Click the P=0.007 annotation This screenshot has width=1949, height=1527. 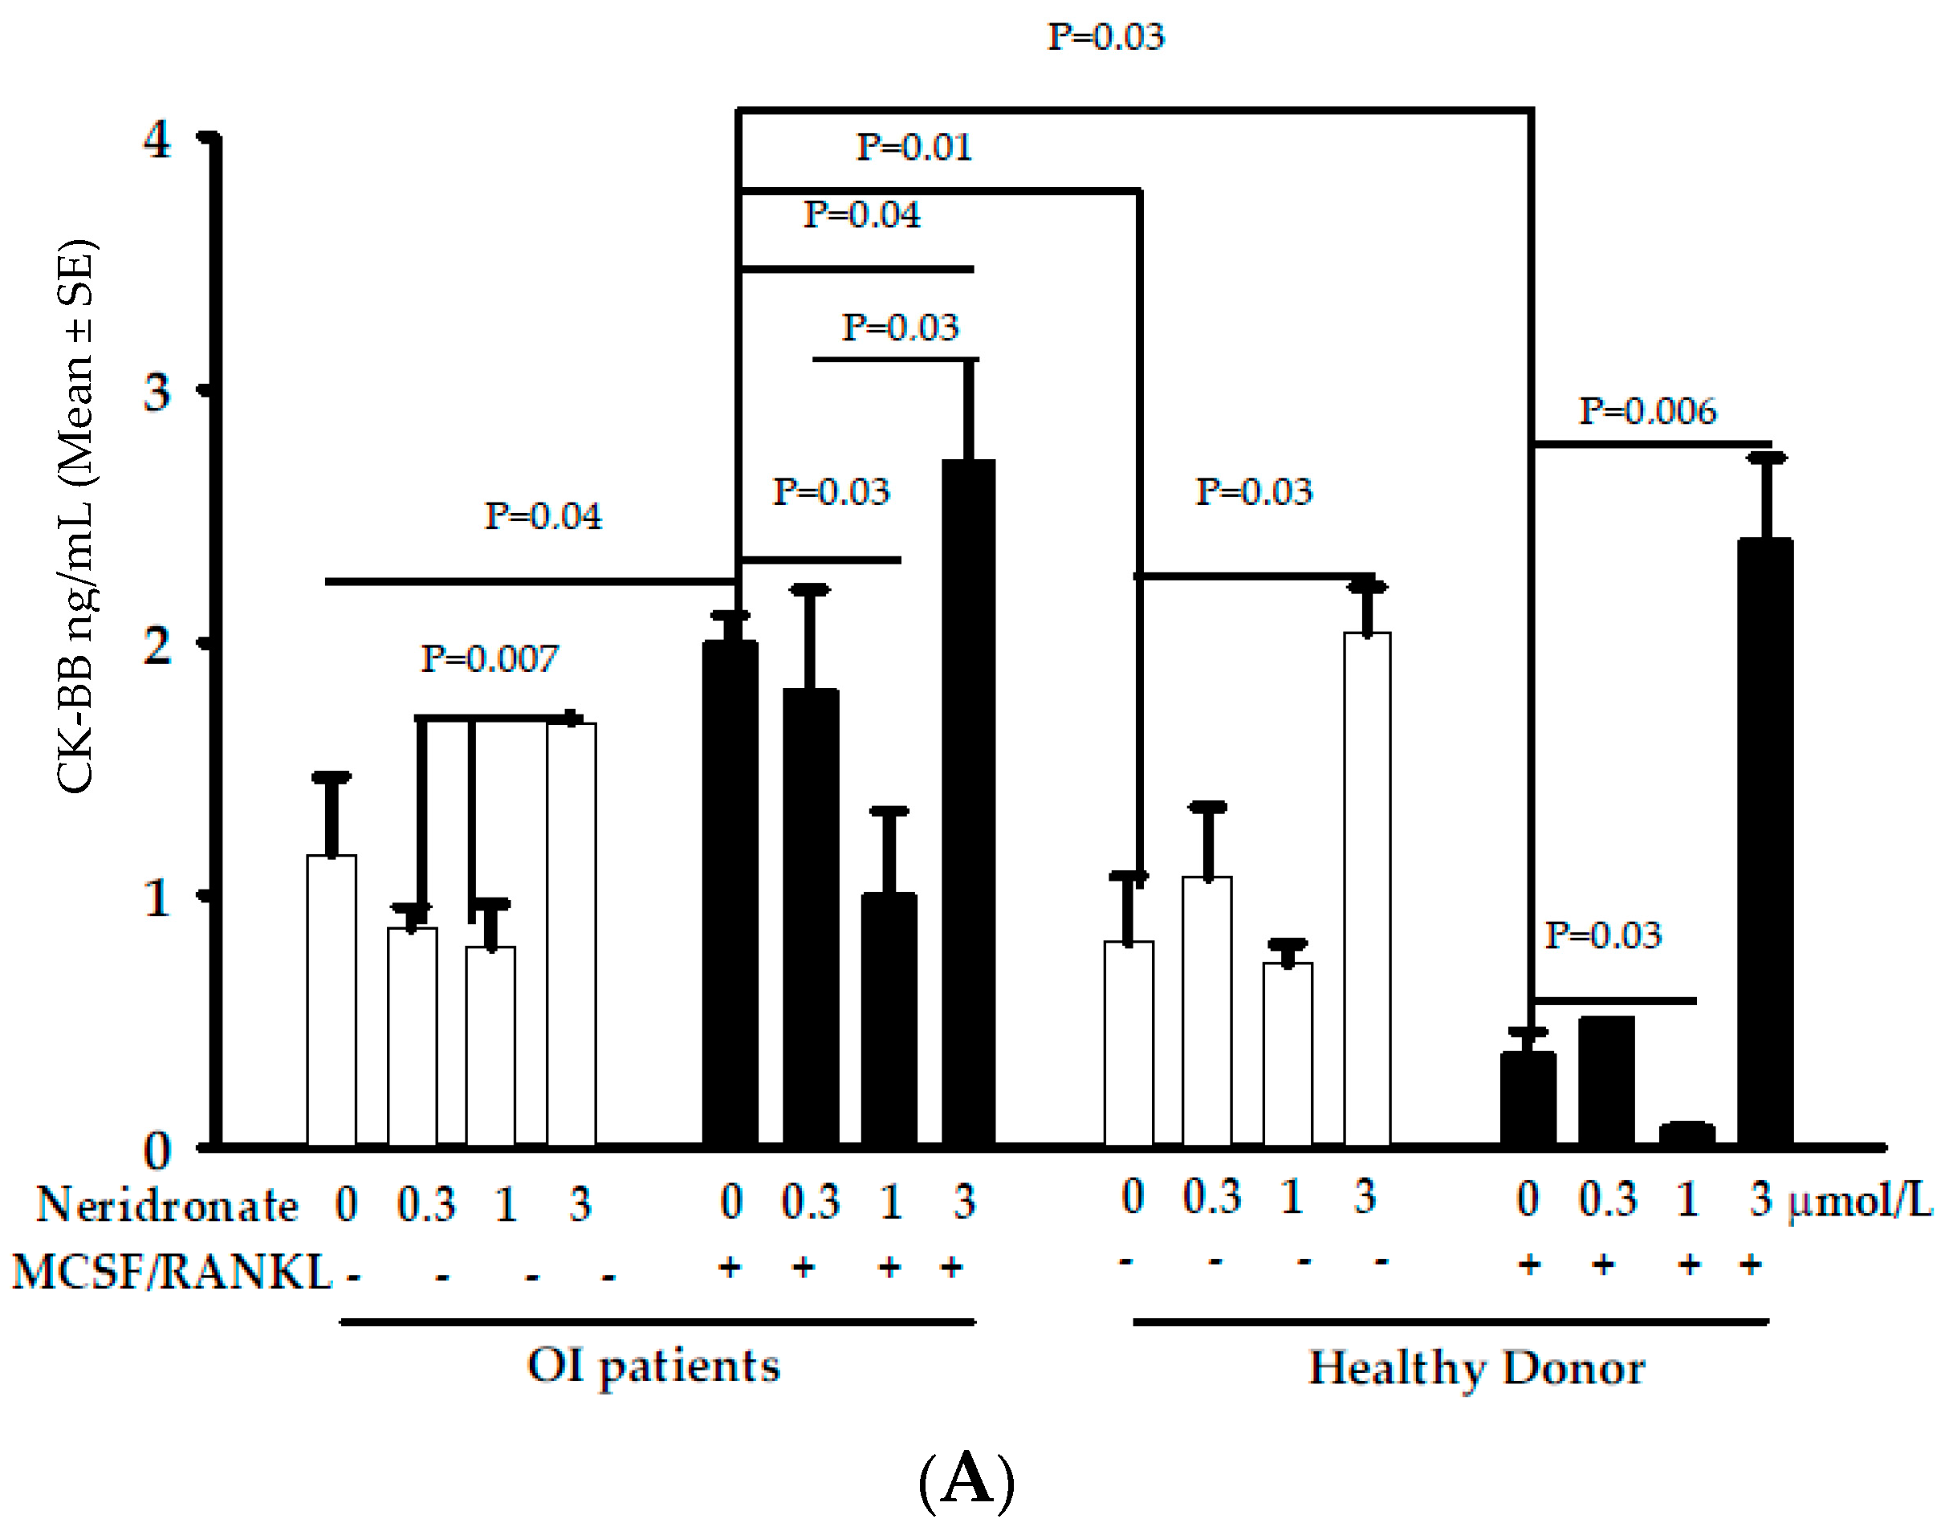(x=489, y=660)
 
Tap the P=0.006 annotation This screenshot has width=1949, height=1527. (x=1647, y=412)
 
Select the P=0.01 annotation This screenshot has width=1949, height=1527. (x=913, y=148)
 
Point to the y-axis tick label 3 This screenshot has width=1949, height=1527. (x=157, y=392)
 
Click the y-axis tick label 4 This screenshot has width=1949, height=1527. (x=157, y=140)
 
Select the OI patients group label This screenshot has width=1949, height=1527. (x=653, y=1366)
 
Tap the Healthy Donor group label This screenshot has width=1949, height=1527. (x=1476, y=1368)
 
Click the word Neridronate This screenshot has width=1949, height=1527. (x=167, y=1205)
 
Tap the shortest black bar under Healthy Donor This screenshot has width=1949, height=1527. (x=1687, y=1134)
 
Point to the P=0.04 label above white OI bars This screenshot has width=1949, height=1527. (x=543, y=517)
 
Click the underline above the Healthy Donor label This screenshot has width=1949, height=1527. (x=1451, y=1321)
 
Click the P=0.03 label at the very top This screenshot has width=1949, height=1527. (x=1106, y=38)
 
